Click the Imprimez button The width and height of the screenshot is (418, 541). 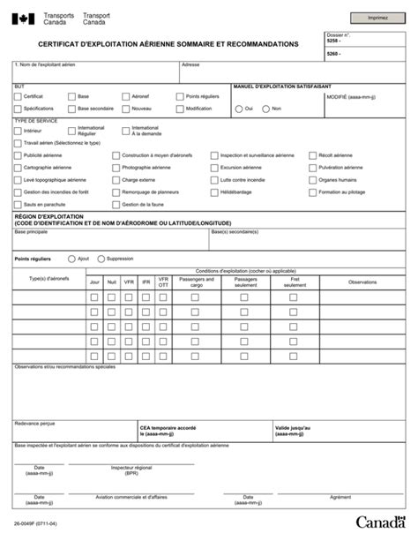tap(377, 17)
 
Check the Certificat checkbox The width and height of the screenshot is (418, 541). tap(18, 96)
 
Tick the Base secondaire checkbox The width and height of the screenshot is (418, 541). tap(71, 109)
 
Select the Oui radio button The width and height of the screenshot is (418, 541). tap(238, 109)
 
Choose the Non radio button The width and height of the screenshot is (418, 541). tap(265, 109)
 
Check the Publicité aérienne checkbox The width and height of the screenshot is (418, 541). tap(18, 154)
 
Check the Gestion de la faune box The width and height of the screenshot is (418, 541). tap(116, 204)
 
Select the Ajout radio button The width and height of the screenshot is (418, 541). tap(71, 259)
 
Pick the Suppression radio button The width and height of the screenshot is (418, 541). tap(100, 259)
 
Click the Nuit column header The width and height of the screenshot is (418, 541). tap(111, 282)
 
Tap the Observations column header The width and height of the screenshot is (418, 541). tap(362, 282)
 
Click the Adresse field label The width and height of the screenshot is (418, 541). tap(190, 65)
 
